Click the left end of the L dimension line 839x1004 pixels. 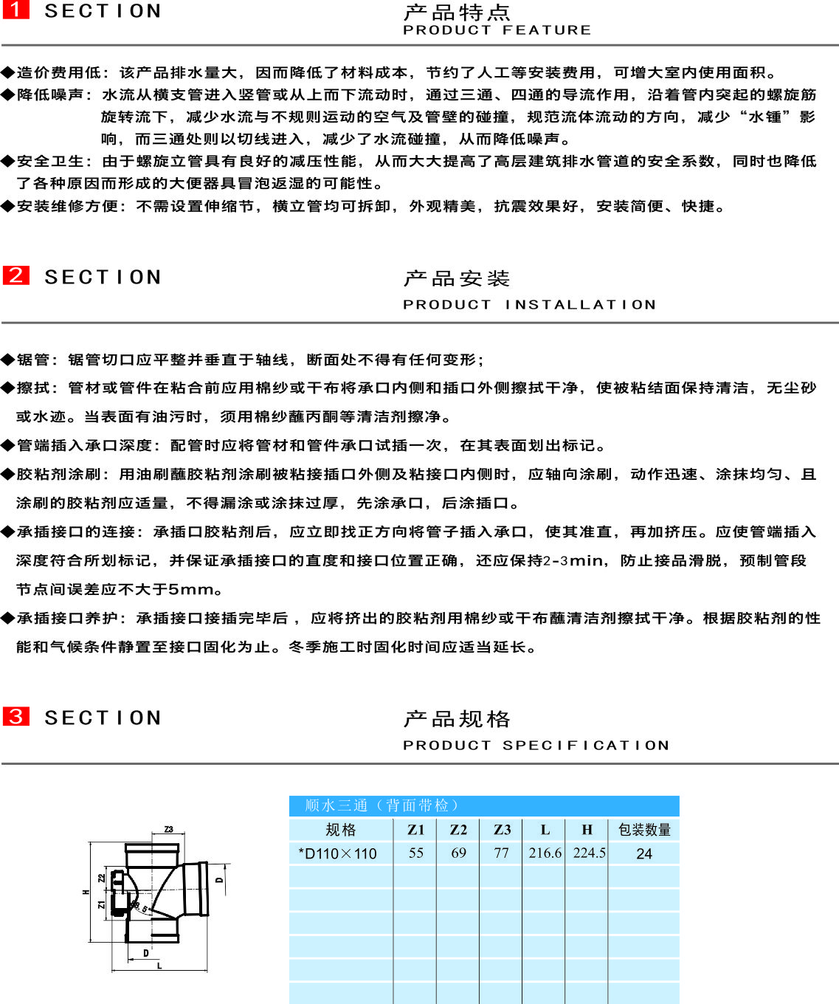[x=111, y=971]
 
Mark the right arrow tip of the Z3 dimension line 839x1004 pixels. [x=184, y=833]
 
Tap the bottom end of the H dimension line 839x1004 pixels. [x=90, y=942]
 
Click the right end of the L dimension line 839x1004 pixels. [x=207, y=971]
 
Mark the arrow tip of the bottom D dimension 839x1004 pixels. [x=128, y=960]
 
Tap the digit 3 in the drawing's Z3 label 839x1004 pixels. [x=170, y=829]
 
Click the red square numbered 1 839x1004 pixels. [x=16, y=10]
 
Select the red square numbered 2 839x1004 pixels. [x=16, y=275]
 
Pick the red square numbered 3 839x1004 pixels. [x=16, y=716]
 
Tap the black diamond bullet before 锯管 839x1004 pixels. [x=7, y=360]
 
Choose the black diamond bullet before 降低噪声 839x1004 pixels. [x=7, y=94]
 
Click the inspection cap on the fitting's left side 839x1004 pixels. [x=118, y=892]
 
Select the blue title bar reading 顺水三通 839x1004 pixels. [x=484, y=806]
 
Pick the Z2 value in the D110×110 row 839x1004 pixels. [x=458, y=853]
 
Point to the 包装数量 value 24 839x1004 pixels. [x=643, y=853]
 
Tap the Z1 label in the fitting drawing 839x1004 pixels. [x=101, y=904]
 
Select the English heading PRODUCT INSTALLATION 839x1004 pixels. [x=529, y=304]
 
